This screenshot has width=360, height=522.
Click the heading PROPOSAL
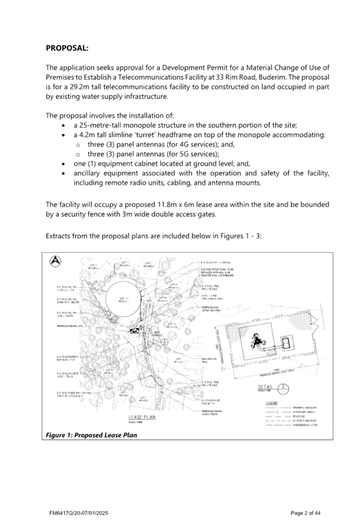tap(67, 47)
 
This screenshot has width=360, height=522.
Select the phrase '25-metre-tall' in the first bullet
tap(95, 125)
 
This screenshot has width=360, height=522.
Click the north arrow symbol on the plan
tap(55, 261)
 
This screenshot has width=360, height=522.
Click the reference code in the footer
tap(79, 512)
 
